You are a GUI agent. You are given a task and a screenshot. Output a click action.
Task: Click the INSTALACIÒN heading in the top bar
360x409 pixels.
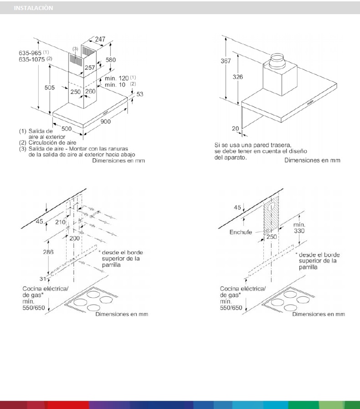click(33, 8)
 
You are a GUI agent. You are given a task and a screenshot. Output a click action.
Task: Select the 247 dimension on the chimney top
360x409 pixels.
click(100, 39)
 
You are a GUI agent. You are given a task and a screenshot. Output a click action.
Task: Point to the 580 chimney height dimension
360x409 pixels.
click(110, 60)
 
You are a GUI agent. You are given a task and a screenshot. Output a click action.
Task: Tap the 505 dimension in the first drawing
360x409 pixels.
click(50, 88)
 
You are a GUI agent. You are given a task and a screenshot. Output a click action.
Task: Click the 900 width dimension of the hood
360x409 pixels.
click(105, 121)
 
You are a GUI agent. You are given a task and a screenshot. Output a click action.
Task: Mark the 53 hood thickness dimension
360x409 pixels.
click(139, 94)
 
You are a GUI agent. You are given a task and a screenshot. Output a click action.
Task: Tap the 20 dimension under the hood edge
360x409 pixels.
click(236, 129)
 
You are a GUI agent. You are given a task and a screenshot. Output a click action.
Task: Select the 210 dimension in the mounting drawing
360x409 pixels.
click(60, 222)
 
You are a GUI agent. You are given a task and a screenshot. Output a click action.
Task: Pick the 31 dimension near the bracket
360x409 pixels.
click(43, 279)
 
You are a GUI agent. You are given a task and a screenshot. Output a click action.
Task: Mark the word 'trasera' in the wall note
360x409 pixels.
click(279, 145)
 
